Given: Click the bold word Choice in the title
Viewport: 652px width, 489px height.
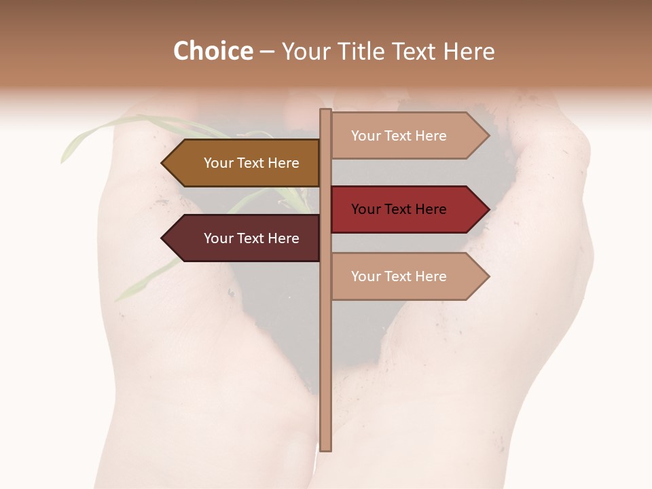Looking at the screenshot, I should pos(213,52).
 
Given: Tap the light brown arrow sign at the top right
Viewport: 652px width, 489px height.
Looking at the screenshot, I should pos(407,136).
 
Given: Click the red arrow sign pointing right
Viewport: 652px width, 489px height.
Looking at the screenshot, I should pos(407,209).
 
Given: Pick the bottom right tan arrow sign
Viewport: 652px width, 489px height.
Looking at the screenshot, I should pos(407,276).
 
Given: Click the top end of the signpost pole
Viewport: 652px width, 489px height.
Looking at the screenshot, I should pos(325,111).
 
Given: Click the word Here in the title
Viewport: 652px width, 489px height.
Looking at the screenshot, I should pos(469,52).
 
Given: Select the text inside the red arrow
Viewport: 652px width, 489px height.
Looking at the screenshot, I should pos(399,209).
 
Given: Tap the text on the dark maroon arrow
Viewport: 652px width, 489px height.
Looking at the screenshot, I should pos(251,238).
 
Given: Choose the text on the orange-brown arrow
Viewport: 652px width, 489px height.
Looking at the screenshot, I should pos(251,163).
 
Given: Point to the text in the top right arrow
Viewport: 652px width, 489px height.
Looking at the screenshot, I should pos(399,136).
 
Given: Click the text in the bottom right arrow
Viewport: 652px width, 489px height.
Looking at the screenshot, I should pos(399,276).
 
